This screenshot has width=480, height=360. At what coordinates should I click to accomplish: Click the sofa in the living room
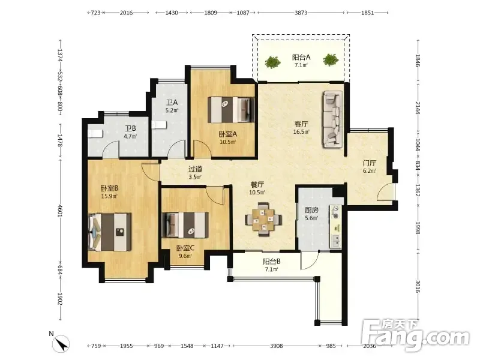tap(332, 119)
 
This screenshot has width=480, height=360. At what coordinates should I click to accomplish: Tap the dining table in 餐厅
tap(263, 219)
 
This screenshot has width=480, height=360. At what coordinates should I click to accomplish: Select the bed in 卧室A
tap(231, 110)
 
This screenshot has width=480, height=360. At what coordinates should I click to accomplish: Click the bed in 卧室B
tap(110, 232)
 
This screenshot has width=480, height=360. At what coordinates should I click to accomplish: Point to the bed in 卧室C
tap(185, 224)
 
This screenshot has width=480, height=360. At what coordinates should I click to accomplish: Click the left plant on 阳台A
tap(272, 62)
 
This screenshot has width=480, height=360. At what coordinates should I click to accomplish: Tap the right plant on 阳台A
tap(331, 59)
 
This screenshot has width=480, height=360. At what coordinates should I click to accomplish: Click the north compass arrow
tap(63, 344)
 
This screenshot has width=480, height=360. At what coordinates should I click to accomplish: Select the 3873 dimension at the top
tap(301, 13)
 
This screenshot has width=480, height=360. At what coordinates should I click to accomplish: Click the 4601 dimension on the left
tap(59, 211)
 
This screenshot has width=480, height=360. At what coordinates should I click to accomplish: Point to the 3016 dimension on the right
tap(418, 286)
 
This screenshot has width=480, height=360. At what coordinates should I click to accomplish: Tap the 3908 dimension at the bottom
tap(276, 346)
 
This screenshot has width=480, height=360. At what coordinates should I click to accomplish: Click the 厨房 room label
tap(311, 211)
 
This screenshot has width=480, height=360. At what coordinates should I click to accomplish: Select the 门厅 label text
tap(370, 163)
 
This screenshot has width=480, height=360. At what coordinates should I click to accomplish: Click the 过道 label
tap(195, 169)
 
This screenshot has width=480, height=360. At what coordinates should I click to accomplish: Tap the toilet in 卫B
tap(95, 134)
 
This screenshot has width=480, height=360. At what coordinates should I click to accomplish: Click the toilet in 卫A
tap(159, 125)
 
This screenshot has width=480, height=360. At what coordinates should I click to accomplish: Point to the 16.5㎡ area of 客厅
tap(301, 132)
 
